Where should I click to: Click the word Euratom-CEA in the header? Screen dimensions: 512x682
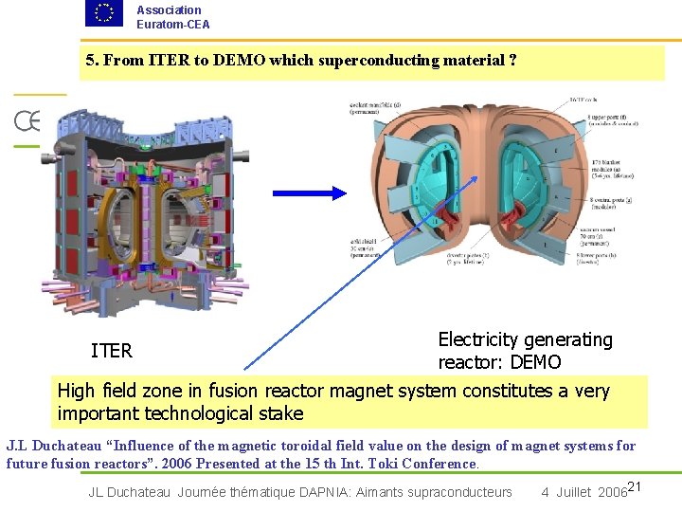(173, 25)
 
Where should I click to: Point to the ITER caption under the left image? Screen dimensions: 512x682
(112, 351)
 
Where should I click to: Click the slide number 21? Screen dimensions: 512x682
(636, 487)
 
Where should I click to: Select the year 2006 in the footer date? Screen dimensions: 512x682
(611, 492)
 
